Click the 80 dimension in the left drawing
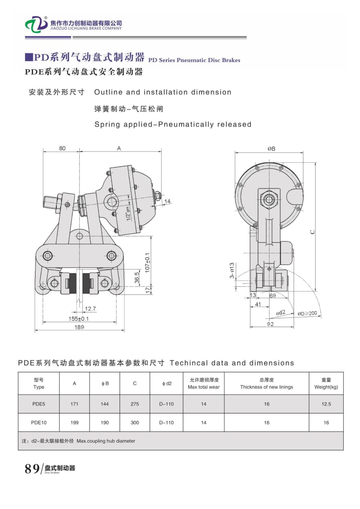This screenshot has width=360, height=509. coord(62,148)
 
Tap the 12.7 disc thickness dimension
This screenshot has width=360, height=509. coord(90,309)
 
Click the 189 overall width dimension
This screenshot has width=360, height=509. coord(79,327)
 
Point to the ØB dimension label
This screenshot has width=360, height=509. coord(271,149)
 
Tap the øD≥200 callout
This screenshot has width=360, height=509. coord(307,314)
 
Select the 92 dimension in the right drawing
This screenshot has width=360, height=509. coord(270,324)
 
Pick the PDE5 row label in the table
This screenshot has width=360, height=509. coord(39,404)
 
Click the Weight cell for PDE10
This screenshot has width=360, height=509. coord(326,423)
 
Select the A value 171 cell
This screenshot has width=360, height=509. coord(74,404)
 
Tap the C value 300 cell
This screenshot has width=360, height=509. coord(135,423)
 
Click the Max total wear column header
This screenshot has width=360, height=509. coord(204,383)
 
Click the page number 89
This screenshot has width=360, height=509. coord(32,469)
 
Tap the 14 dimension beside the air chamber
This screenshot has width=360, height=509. coord(167,201)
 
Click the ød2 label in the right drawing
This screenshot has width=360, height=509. coord(281,313)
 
